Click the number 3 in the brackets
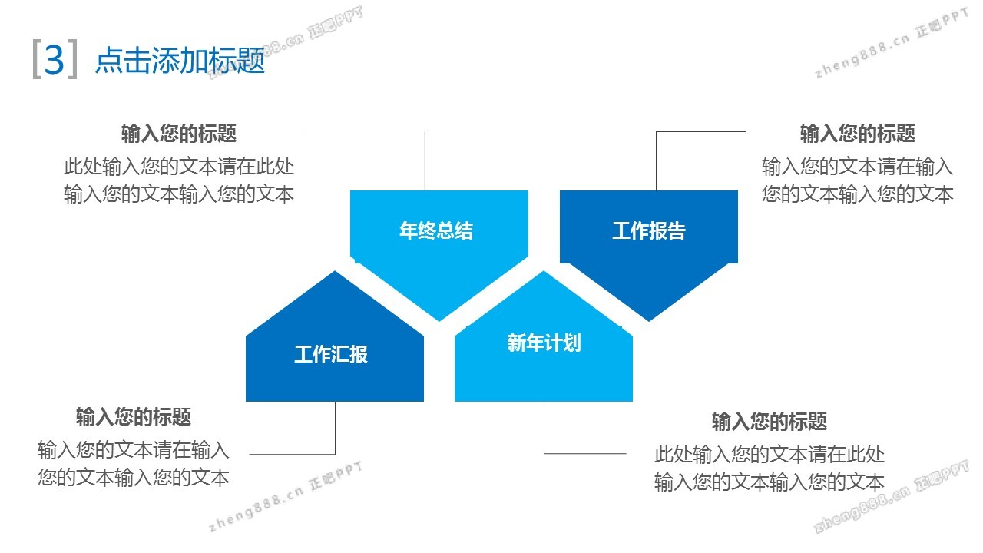55,60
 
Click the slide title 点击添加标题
180,60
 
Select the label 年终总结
436,230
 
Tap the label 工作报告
649,230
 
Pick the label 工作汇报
331,354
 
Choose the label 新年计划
544,343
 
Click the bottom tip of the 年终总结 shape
439,321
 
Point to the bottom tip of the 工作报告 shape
649,321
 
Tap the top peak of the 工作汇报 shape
335,271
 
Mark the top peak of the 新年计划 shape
544,271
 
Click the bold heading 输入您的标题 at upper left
179,134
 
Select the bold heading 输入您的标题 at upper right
858,134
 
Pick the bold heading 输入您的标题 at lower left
134,416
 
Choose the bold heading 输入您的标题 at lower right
770,422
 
